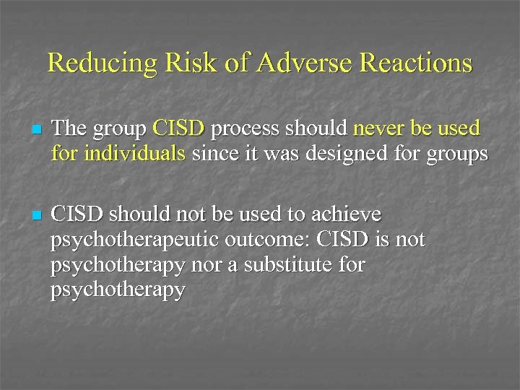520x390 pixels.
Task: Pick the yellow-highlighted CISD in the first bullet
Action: coord(179,129)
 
